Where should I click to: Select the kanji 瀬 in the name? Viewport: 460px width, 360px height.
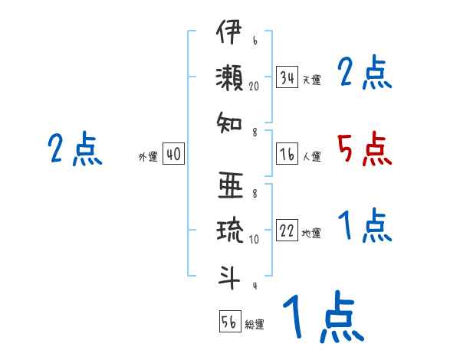pos(229,78)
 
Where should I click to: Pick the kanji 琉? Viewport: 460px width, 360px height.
pos(229,231)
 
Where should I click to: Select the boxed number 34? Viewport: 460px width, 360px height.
pos(287,77)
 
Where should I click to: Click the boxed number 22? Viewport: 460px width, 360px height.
pos(287,231)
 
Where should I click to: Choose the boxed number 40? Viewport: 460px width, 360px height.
pos(173,155)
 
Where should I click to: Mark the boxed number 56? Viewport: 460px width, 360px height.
pos(229,321)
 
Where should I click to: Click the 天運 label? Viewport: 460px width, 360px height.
pos(311,80)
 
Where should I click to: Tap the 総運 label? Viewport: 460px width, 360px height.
pos(255,323)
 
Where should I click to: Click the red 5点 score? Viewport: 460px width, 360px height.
pos(365,149)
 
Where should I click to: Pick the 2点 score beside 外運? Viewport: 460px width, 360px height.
pos(74,149)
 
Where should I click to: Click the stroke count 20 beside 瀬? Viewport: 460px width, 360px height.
pos(255,87)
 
